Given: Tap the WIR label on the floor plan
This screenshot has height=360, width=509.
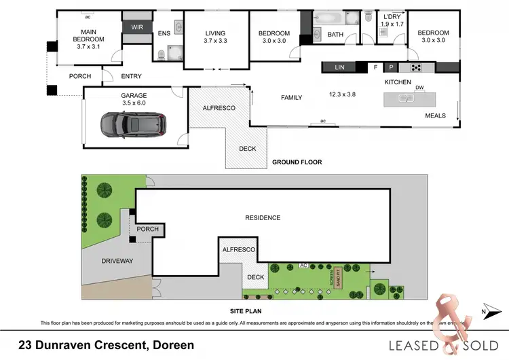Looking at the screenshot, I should click(x=137, y=28).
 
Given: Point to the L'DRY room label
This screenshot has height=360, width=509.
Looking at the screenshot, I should click(x=392, y=20).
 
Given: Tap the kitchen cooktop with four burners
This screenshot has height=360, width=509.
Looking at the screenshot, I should click(x=415, y=67).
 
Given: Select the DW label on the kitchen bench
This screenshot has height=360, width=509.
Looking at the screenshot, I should click(x=420, y=88).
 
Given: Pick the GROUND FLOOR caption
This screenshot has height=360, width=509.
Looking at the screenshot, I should click(x=297, y=162).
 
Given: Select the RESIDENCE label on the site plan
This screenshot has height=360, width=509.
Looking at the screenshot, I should click(x=263, y=218).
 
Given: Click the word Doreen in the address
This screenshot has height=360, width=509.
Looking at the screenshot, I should click(x=173, y=345).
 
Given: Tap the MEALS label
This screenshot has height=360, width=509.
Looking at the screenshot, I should click(x=435, y=115).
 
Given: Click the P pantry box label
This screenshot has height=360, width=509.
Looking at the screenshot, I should click(x=390, y=67).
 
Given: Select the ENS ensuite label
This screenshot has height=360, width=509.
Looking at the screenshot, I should click(x=164, y=33).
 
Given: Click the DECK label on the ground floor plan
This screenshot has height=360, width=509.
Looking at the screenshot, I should click(x=246, y=149).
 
